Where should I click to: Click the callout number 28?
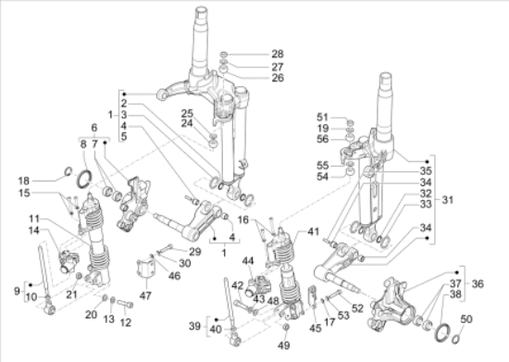[278, 54]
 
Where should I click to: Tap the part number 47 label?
[145, 295]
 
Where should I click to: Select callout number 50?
[466, 319]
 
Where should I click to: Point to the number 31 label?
[447, 200]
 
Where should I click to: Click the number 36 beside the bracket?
[478, 284]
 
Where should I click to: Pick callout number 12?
[126, 322]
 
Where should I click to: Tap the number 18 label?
[23, 181]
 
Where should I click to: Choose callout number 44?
[248, 261]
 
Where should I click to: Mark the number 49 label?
[284, 345]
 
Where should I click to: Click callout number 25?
[187, 113]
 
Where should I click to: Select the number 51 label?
[322, 117]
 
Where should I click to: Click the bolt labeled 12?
[125, 304]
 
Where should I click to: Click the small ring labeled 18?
[68, 170]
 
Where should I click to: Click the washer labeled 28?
[224, 54]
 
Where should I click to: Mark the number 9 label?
[17, 291]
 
